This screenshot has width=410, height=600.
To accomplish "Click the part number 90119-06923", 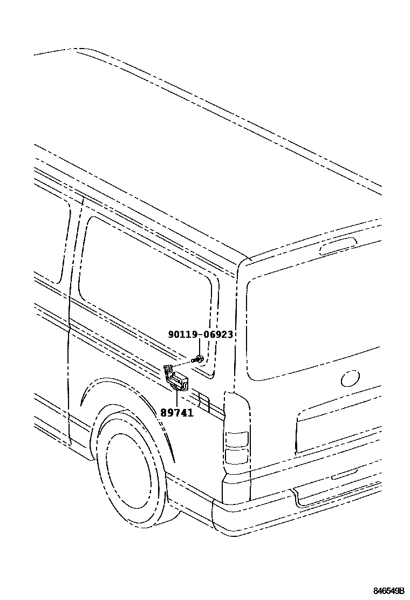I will click(200, 335).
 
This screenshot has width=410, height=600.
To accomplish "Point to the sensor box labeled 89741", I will click(178, 381).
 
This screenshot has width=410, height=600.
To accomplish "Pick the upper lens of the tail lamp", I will click(236, 439).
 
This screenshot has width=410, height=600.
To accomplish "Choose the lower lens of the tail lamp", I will click(236, 456).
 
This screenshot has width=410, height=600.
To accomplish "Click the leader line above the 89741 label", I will click(177, 398).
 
